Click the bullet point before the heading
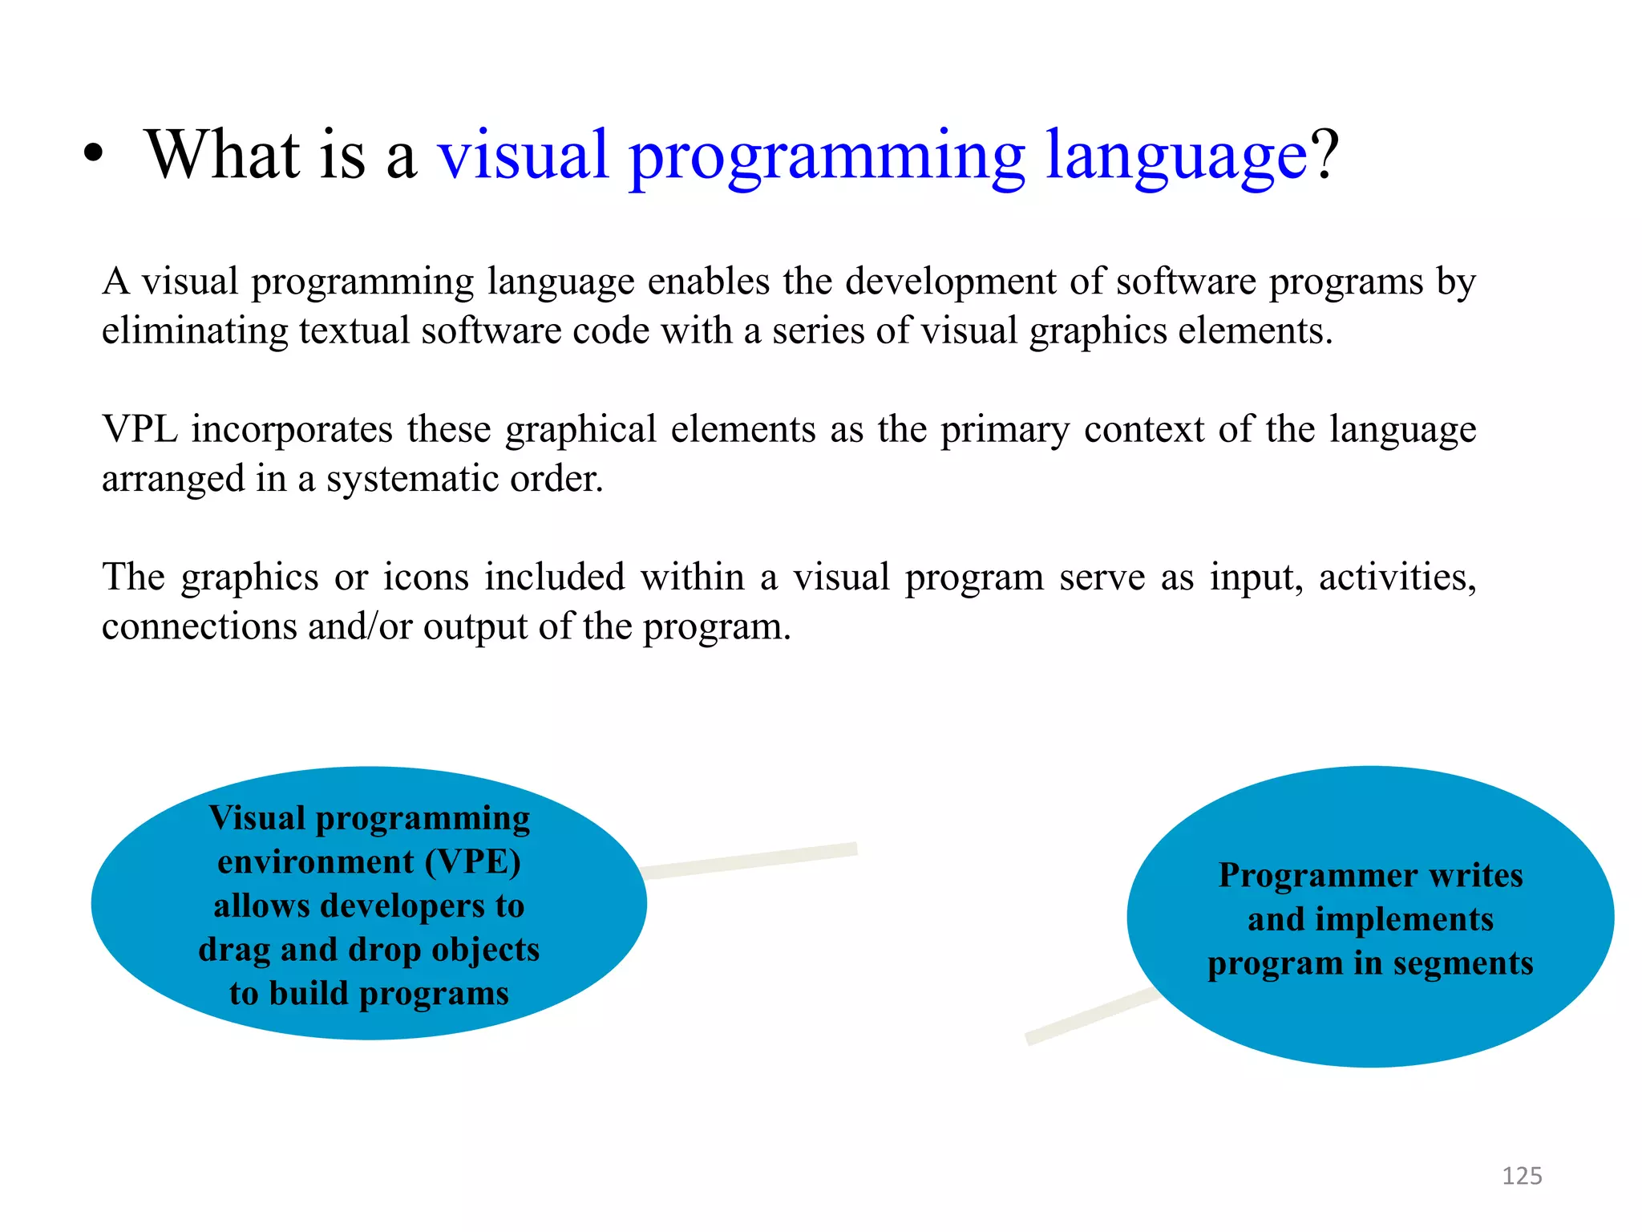click(x=94, y=155)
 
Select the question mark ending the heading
click(x=1324, y=155)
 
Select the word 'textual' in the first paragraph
click(x=354, y=331)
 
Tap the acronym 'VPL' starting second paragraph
click(x=140, y=429)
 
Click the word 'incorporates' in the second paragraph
click(x=292, y=431)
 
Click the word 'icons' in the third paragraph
click(x=425, y=577)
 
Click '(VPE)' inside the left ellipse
click(x=472, y=862)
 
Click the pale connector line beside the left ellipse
click(x=750, y=861)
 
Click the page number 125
click(x=1521, y=1176)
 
